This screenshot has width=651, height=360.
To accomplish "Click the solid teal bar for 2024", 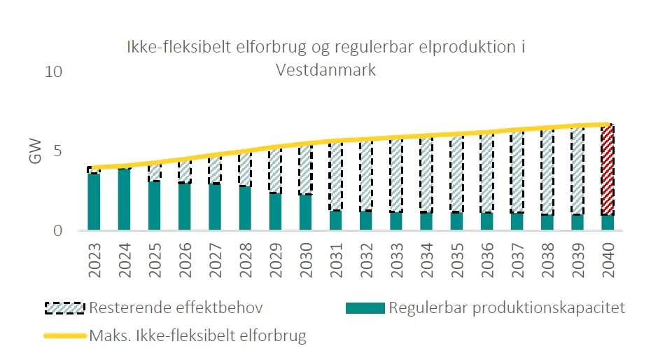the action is tap(124, 200).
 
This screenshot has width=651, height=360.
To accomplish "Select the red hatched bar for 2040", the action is tap(608, 169).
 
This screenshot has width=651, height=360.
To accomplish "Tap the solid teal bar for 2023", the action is tap(94, 202).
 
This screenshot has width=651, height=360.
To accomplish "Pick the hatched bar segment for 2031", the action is tap(336, 176).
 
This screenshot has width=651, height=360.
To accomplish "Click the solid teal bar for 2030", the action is tap(306, 212).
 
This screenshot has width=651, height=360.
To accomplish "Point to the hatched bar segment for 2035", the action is tap(456, 174).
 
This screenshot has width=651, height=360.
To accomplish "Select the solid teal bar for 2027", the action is tap(215, 207).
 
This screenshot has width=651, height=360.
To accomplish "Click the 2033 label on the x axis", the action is tap(396, 261).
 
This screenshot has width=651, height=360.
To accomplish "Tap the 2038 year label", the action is tap(547, 261).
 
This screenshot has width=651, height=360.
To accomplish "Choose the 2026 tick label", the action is tap(184, 261).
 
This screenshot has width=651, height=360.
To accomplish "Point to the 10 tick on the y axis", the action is tap(54, 72).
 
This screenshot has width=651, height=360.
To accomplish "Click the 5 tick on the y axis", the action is tap(57, 151).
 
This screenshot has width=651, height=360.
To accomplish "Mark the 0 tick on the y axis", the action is tap(57, 230).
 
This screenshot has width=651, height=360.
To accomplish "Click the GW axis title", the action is tap(36, 151).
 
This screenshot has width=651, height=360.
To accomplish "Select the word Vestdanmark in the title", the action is tap(326, 70).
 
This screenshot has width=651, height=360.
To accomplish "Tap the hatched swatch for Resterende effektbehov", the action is tap(65, 308).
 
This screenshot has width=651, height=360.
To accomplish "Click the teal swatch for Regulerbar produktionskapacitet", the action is tap(365, 308).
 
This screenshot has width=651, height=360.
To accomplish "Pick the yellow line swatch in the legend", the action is tap(65, 335).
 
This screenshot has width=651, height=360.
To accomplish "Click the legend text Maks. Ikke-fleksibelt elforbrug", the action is tap(197, 335).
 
